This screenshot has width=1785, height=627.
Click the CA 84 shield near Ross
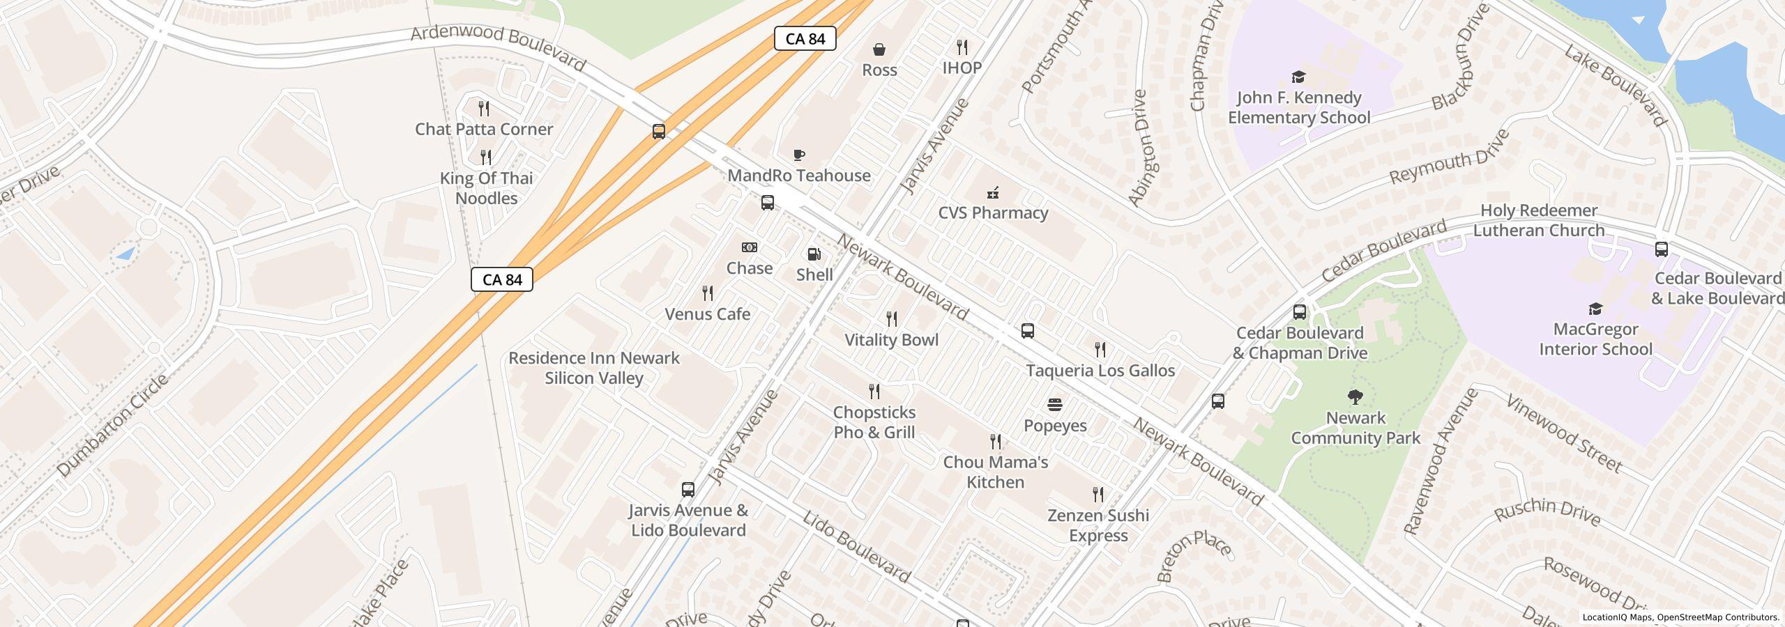click(x=805, y=39)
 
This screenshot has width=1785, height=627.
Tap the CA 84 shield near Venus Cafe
click(x=501, y=279)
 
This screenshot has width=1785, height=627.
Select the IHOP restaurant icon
click(x=962, y=47)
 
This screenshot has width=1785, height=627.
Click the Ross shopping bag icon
click(x=879, y=49)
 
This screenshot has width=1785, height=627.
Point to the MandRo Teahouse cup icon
click(x=799, y=155)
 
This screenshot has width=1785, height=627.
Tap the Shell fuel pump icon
click(x=814, y=254)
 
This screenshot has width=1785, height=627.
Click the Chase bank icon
click(x=749, y=247)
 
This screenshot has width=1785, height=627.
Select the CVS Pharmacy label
click(x=993, y=213)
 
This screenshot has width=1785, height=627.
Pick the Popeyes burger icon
click(x=1054, y=405)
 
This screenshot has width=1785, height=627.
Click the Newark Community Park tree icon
click(x=1355, y=398)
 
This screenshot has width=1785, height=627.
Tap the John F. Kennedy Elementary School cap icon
click(x=1298, y=77)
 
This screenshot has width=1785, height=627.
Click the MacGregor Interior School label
click(x=1595, y=339)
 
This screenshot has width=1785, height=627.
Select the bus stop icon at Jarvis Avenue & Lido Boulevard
click(x=688, y=489)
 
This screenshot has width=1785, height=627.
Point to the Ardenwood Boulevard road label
click(x=498, y=47)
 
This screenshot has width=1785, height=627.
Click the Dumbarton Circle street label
click(x=112, y=426)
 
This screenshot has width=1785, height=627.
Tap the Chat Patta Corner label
click(x=484, y=130)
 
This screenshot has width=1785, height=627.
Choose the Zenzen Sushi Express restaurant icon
click(x=1098, y=495)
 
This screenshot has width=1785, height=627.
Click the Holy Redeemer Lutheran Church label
click(x=1538, y=220)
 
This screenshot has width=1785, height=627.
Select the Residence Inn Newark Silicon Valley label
click(x=593, y=368)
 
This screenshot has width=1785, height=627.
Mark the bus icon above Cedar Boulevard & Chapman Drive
click(x=1299, y=311)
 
